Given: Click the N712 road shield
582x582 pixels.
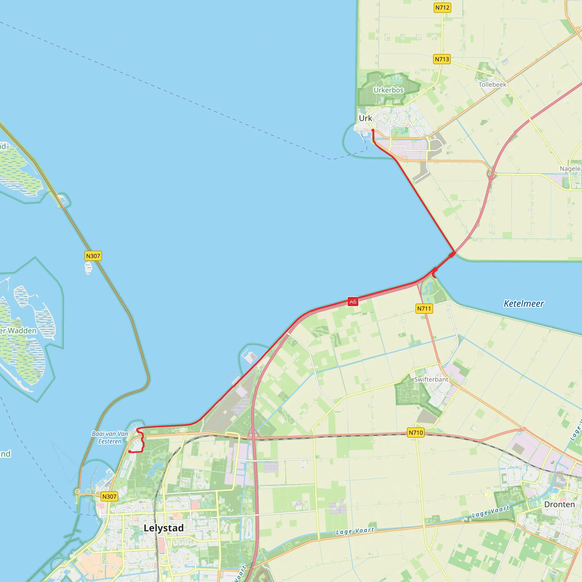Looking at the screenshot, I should coord(442,8).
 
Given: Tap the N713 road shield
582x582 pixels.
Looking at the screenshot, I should coord(442,59).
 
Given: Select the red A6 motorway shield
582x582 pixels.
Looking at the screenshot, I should coord(353,302).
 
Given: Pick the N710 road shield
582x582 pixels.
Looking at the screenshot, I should coord(416,433).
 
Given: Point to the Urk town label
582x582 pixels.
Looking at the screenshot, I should coord(365,119).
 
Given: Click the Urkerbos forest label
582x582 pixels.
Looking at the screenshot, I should coord(388,90).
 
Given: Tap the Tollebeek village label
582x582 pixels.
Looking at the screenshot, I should coord(492,85).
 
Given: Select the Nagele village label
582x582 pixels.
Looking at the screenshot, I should coord(570,169).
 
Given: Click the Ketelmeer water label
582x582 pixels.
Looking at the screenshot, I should coord(524,304).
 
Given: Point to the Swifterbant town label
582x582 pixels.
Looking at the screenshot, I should coord(431,380).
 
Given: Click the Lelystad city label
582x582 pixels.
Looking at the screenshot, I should coord(164,528).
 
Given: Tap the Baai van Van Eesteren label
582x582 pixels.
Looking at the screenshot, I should coord(110,437).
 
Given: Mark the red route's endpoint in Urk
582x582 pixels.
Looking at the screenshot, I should coord(373,130).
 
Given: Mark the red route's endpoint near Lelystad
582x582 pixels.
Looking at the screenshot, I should coord(130,452).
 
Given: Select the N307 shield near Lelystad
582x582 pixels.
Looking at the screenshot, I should coord(109,497).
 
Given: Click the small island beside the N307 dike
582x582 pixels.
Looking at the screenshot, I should coord(88,267).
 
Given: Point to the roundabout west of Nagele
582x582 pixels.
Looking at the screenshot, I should coord(490,174).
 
